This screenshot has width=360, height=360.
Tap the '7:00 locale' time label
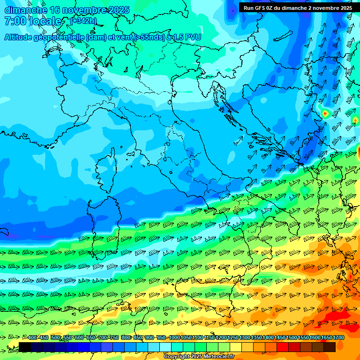pos(32,21)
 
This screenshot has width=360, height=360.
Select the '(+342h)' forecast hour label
pos(83,21)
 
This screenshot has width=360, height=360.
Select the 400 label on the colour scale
pos(33,338)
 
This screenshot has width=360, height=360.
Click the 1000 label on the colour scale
pos(174,338)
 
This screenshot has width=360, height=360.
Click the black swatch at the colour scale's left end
pos(25,347)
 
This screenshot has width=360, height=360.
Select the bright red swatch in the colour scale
pos(283,347)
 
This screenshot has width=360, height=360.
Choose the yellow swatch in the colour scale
pos(236,347)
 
